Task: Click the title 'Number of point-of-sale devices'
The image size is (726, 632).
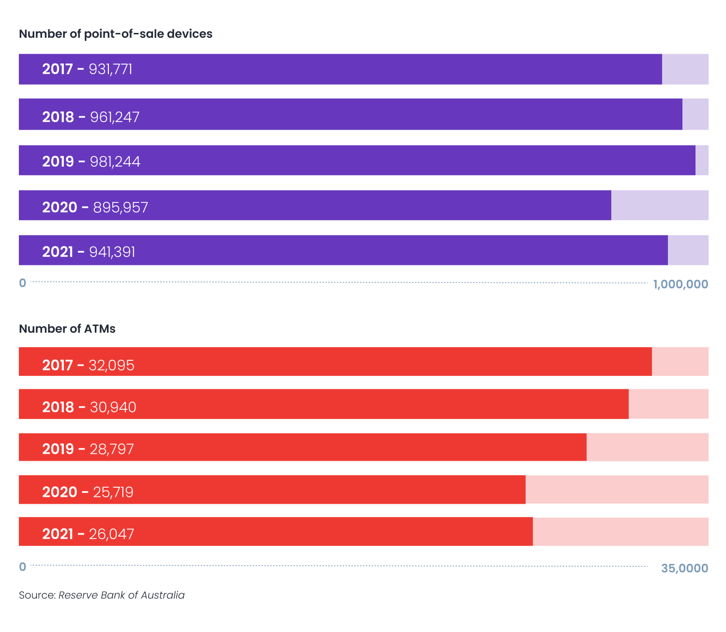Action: [116, 34]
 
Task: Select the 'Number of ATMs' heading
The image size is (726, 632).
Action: [67, 329]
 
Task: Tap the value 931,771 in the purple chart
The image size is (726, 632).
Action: [110, 69]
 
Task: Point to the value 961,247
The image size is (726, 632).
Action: [115, 117]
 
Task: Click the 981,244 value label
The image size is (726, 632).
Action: [115, 162]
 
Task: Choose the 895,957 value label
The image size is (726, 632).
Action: [121, 208]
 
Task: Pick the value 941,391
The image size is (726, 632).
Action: [112, 252]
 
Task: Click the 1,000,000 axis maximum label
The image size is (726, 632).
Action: [681, 284]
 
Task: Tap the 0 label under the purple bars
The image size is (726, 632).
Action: [22, 283]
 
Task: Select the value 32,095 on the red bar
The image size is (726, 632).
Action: [111, 365]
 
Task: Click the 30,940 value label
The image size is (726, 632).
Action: [113, 407]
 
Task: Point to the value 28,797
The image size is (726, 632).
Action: [112, 449]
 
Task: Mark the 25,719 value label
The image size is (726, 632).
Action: [113, 493]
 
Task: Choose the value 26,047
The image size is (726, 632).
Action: [111, 534]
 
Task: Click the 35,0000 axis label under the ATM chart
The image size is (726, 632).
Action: [684, 568]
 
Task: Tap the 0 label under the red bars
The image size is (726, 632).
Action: [22, 567]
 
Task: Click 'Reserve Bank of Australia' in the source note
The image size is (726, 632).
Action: [121, 595]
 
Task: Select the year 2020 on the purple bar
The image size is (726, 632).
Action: [60, 208]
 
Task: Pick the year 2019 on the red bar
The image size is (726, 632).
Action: [58, 449]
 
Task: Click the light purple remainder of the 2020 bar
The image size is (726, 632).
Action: [660, 205]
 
